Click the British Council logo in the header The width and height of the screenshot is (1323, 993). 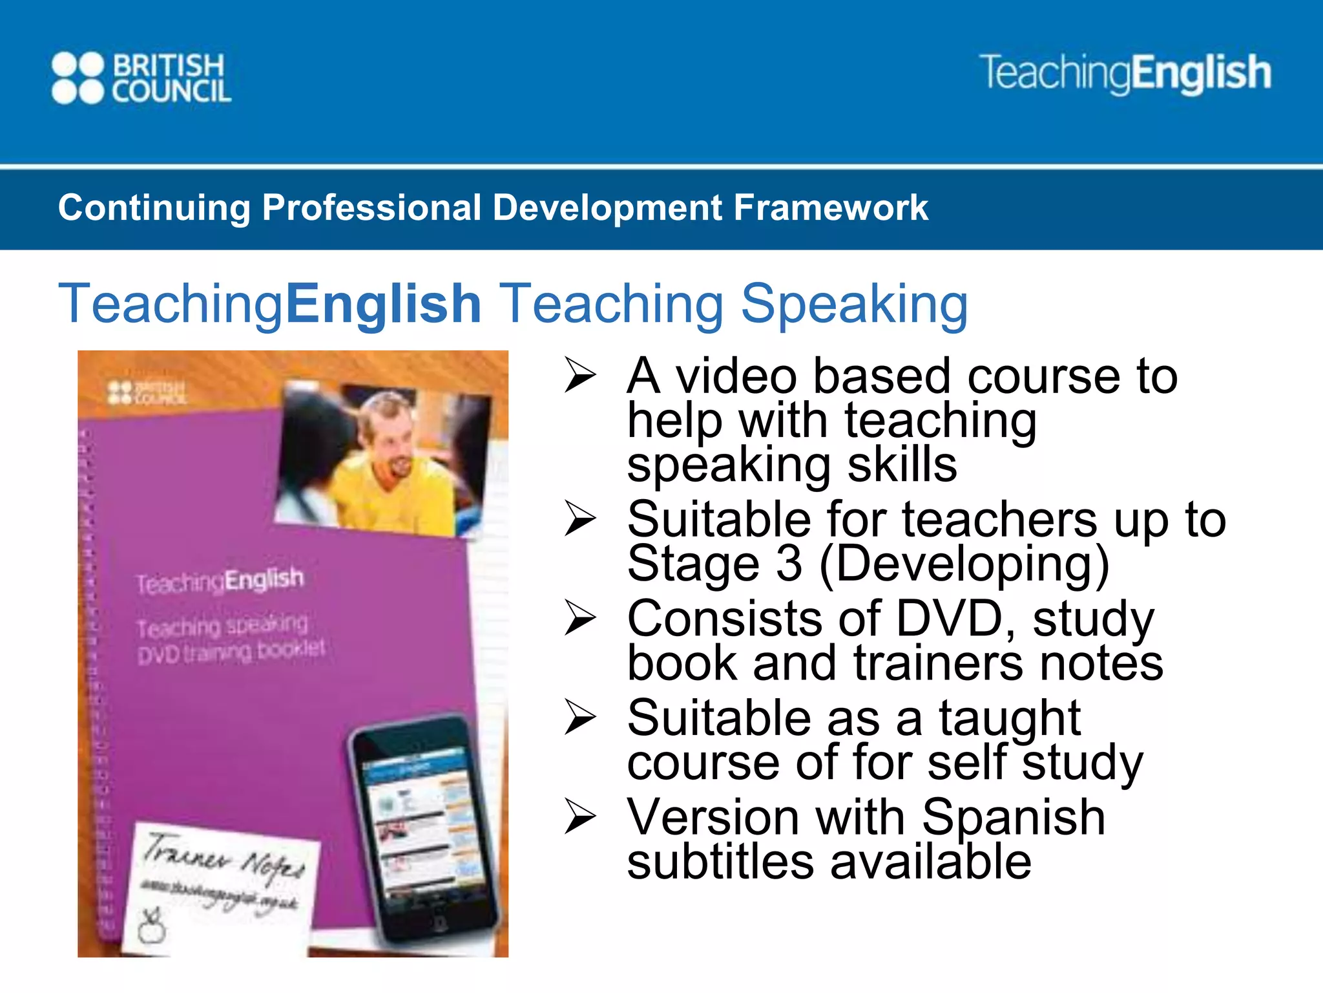coord(141,78)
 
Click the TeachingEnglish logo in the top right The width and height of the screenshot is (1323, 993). coord(1125,73)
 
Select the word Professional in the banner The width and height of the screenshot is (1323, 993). coord(371,208)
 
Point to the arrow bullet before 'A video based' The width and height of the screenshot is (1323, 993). coord(579,375)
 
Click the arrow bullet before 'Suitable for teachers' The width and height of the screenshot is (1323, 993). coord(579,518)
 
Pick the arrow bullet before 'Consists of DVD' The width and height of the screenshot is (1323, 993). coord(579,618)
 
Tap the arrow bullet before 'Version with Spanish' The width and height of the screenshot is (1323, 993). coord(579,817)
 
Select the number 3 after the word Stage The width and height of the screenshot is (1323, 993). coord(789,564)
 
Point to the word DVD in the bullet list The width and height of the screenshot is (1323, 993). coord(949,619)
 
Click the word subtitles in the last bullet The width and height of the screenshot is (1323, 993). coord(720,862)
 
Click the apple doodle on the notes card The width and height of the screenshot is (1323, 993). coord(152,926)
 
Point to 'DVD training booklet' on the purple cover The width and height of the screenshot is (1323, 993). coord(231,651)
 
